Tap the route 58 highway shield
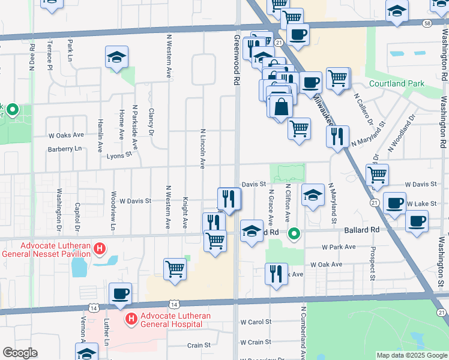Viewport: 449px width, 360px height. pos(426,22)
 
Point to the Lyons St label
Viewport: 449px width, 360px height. pos(119,154)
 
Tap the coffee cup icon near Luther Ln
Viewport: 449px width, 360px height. pos(120,293)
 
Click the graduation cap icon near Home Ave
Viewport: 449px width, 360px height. pos(116,57)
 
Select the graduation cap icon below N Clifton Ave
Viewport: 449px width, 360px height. pos(312,194)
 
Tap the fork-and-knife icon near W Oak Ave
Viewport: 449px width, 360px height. pos(276,273)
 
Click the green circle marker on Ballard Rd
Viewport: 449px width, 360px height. pos(294,233)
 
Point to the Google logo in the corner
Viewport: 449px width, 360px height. pos(19,353)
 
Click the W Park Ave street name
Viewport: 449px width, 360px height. pos(340,247)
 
